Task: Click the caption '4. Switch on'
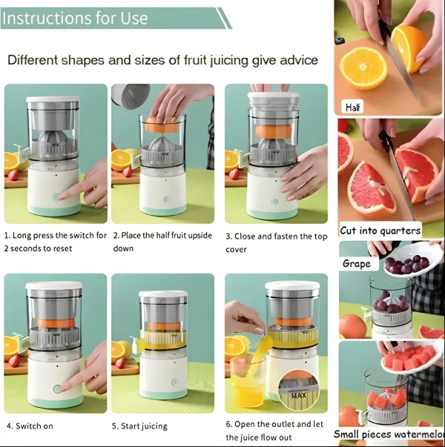click(30, 426)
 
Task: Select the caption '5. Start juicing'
click(139, 426)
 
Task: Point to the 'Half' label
click(354, 107)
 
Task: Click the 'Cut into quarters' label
click(380, 230)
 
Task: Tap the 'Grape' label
click(357, 263)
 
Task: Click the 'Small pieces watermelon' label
click(389, 434)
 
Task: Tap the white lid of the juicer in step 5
click(162, 295)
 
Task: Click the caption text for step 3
click(276, 242)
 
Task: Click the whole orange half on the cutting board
click(363, 69)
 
